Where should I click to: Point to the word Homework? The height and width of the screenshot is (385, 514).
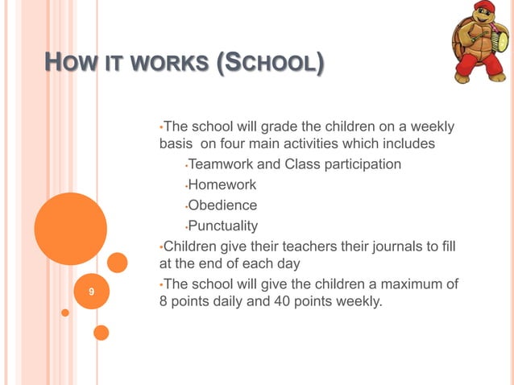pos(222,185)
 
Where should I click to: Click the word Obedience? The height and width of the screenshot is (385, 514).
pos(222,205)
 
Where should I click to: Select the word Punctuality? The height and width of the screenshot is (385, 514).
pos(223,226)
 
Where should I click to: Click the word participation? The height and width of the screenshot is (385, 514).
pos(359,165)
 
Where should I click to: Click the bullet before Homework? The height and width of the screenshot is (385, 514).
pos(185,186)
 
